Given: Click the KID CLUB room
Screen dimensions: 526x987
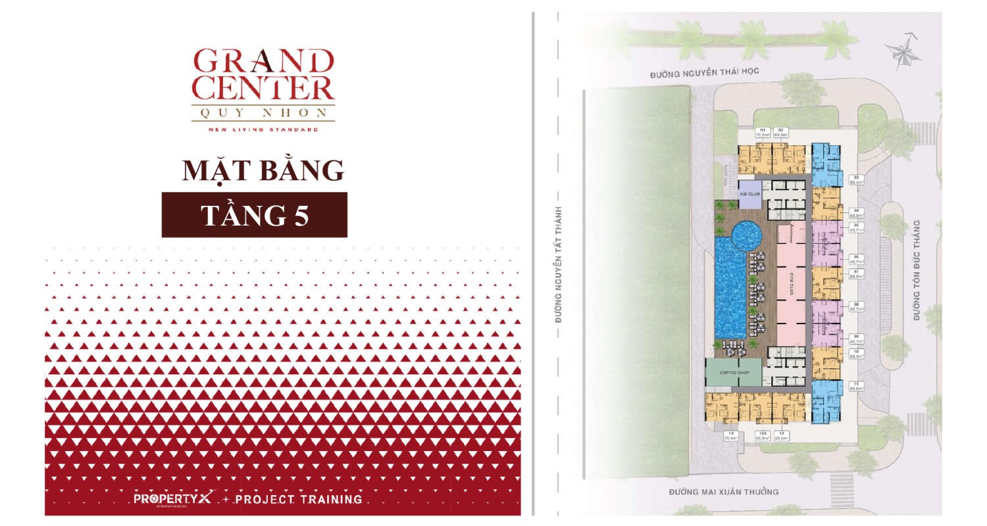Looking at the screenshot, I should [749, 194].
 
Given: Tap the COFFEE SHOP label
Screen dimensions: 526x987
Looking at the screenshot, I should [734, 373].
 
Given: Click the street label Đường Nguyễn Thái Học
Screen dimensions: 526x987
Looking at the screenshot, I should [705, 75].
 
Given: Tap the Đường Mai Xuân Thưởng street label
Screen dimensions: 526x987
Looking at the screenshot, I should [724, 492].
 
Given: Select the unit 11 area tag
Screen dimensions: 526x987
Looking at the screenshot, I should [856, 386].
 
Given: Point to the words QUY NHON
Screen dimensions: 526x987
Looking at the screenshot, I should [263, 112].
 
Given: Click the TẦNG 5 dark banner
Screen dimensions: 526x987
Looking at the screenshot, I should [254, 215].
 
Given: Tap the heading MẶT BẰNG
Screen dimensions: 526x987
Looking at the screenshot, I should [263, 170].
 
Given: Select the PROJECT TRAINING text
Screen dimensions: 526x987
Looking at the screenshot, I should [298, 499].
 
